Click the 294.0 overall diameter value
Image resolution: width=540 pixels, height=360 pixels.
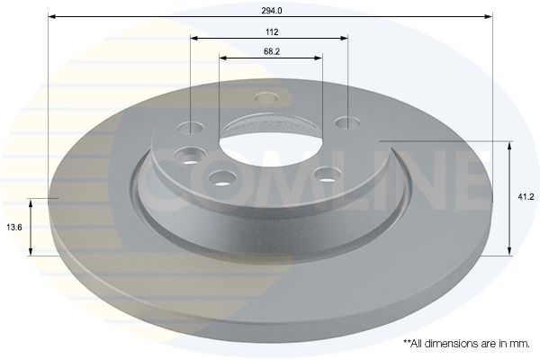(x=272, y=11)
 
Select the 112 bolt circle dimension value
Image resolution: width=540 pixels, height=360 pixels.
(x=272, y=32)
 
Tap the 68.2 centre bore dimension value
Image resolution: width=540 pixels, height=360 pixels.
(x=272, y=51)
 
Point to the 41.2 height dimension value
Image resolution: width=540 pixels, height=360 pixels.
(x=526, y=197)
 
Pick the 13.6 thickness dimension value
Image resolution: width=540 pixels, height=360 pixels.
(x=14, y=228)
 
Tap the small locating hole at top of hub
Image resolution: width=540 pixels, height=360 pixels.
(x=266, y=97)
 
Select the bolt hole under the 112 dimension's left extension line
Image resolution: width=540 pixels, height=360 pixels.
(x=190, y=128)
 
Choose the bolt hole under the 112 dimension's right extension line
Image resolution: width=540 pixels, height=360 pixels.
(x=347, y=122)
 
